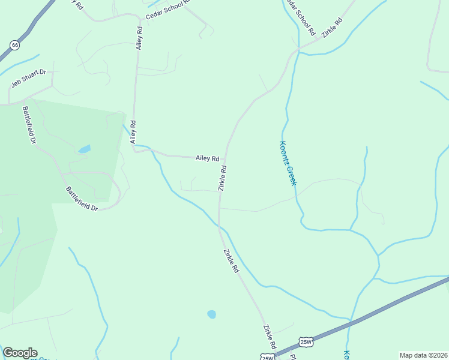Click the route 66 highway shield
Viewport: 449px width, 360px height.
point(14,45)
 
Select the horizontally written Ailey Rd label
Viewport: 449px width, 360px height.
point(207,158)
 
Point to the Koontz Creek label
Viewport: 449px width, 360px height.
point(288,163)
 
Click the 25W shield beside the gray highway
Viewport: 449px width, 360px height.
point(306,342)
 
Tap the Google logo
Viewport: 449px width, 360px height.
point(20,353)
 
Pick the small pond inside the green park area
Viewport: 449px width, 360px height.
point(85,148)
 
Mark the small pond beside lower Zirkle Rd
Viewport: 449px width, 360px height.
point(211,314)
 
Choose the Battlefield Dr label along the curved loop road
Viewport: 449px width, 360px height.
point(82,199)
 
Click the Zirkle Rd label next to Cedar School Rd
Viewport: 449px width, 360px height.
point(331,28)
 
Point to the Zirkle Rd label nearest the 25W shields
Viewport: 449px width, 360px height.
point(268,337)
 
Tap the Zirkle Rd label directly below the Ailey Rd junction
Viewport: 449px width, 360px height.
point(222,178)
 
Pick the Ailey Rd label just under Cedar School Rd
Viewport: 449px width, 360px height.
point(139,37)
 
